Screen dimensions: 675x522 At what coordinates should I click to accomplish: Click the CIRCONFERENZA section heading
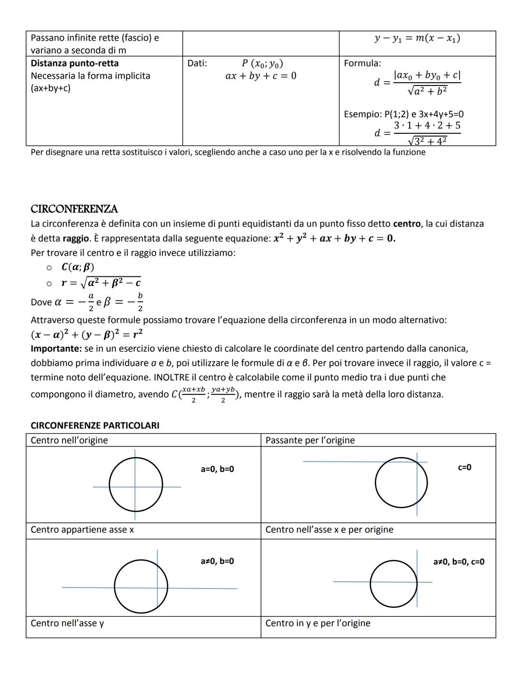74,209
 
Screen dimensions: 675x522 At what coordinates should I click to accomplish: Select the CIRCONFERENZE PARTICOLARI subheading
95,425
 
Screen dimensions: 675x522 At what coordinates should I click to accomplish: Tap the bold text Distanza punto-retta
74,63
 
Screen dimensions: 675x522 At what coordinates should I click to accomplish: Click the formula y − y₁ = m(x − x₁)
417,38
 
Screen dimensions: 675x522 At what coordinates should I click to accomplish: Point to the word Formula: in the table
362,63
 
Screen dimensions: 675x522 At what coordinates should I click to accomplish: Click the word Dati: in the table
197,63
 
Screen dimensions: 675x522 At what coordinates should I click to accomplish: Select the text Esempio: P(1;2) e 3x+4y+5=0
404,114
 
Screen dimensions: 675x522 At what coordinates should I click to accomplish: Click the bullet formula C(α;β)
78,267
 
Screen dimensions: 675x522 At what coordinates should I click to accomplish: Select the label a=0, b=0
217,469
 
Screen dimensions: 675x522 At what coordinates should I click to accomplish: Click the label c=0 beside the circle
464,467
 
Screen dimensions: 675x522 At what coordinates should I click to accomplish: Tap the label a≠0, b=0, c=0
459,561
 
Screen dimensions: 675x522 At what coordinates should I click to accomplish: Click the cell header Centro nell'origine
69,440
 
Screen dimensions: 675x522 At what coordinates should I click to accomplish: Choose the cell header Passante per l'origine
310,440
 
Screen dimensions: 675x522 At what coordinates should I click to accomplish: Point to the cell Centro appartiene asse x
82,530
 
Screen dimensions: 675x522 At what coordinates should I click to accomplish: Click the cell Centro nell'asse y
67,623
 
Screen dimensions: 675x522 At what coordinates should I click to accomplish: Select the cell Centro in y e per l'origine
318,623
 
